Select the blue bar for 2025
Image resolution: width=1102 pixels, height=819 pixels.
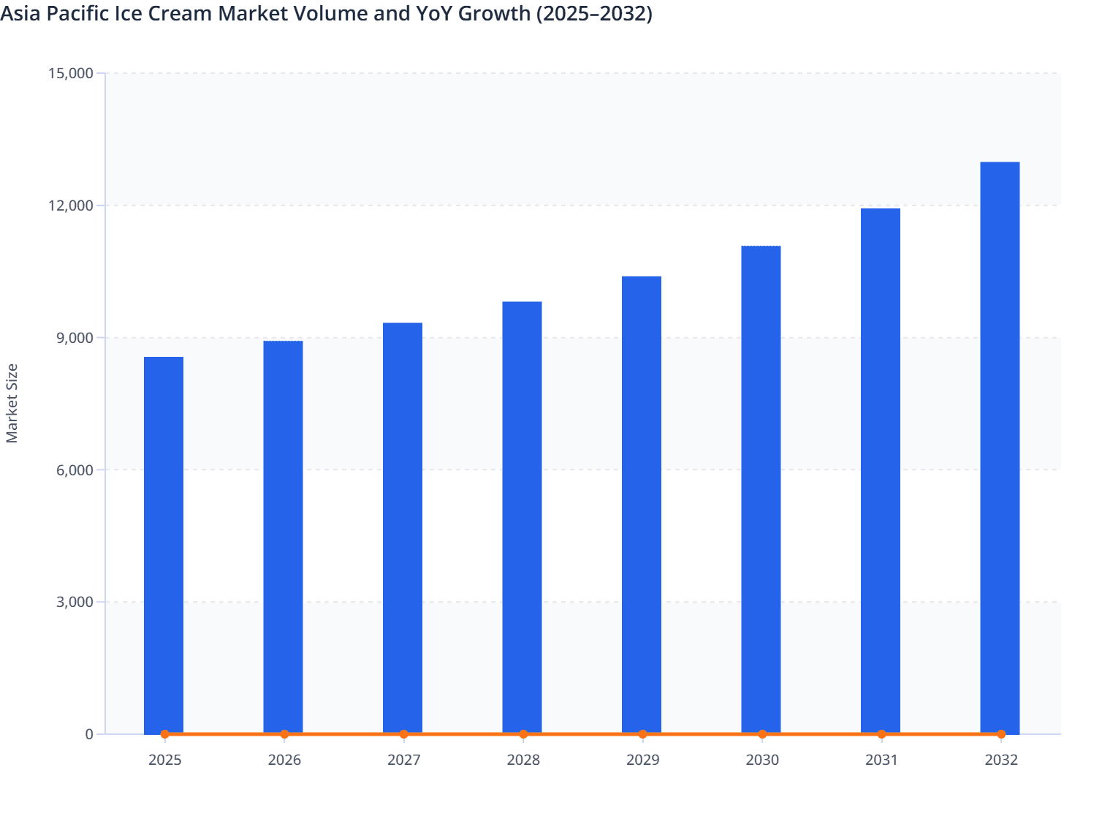[x=164, y=545]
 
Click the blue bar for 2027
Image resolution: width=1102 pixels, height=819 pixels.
[x=403, y=528]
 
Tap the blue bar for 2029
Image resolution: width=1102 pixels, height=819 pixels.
[x=642, y=505]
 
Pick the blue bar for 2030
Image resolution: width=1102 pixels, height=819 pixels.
[x=761, y=489]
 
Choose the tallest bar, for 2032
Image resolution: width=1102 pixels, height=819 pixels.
[x=1000, y=448]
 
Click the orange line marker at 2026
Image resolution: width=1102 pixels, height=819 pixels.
[x=284, y=734]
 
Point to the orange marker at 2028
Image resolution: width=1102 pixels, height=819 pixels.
[x=523, y=734]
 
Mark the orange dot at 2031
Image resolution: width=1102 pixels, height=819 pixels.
[x=881, y=734]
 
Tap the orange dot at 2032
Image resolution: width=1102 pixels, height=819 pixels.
[x=1001, y=734]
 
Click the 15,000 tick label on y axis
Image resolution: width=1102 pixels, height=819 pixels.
[x=70, y=73]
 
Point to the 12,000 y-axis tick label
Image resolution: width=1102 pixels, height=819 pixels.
[x=70, y=205]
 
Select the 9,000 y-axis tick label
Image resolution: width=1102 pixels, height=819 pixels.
[x=74, y=338]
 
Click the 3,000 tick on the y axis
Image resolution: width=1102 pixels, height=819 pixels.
[x=74, y=603]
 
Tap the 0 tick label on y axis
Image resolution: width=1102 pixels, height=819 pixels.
[x=89, y=734]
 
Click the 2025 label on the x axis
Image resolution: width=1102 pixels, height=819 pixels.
[x=164, y=760]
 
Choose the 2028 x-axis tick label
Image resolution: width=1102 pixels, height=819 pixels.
[x=523, y=760]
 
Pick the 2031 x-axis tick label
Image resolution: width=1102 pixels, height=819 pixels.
[x=881, y=760]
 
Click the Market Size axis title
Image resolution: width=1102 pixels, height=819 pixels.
[x=12, y=403]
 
